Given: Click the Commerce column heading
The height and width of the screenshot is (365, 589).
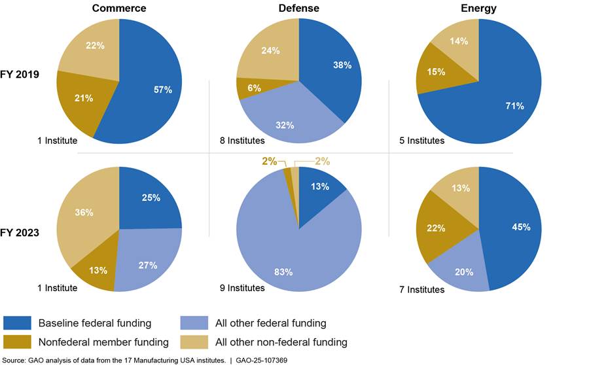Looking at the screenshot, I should pos(118,9).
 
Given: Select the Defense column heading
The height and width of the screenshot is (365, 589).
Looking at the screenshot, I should pos(298,9).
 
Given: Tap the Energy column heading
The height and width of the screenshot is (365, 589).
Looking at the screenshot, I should pos(479,9).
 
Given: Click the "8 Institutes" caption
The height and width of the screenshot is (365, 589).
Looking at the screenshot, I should pos(242,140).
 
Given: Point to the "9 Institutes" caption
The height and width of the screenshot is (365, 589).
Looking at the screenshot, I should pos(242,288).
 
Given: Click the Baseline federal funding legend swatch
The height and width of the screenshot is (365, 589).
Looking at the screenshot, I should pos(18,322).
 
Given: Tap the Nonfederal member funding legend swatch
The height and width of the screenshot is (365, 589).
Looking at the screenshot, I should pos(18,342).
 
